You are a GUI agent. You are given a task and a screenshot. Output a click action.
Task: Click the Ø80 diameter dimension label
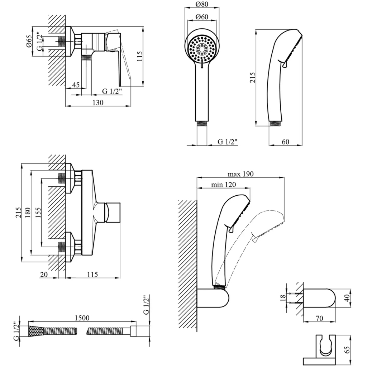202,5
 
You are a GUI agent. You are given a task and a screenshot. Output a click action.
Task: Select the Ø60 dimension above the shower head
202,16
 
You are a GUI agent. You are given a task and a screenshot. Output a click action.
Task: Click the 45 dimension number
76,85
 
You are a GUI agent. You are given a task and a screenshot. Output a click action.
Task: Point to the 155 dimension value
38,212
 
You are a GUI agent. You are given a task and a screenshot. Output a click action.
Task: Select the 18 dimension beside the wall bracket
282,297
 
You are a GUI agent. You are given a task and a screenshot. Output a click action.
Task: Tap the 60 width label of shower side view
285,142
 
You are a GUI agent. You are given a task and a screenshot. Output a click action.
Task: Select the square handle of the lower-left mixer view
113,212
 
